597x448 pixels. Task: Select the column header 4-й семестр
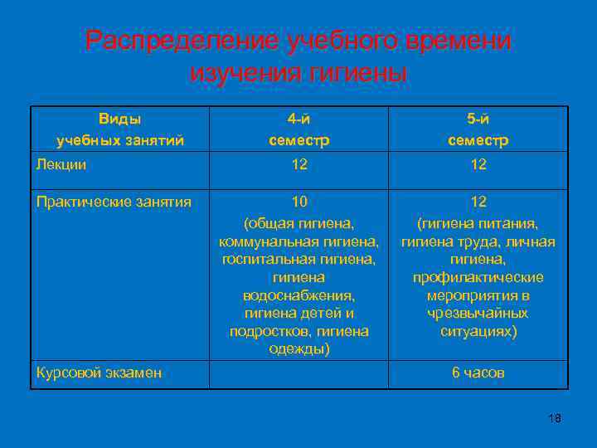click(299, 129)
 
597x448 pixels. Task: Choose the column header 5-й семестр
click(478, 129)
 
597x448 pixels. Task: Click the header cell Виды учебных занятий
click(119, 129)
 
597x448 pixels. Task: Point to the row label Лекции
click(61, 165)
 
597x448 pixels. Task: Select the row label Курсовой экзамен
click(99, 373)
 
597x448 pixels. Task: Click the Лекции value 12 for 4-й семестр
click(299, 165)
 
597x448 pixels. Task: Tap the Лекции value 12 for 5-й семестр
click(478, 165)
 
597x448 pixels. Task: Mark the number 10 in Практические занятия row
click(299, 202)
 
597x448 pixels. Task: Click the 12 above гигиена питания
click(478, 202)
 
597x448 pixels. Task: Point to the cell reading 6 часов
click(478, 373)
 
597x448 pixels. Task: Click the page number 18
click(555, 418)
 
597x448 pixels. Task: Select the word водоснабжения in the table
click(298, 295)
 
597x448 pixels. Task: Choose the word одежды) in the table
click(299, 349)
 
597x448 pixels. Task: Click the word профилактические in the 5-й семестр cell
click(478, 277)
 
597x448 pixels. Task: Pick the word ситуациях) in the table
click(478, 332)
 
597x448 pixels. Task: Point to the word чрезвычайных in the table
click(478, 314)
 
